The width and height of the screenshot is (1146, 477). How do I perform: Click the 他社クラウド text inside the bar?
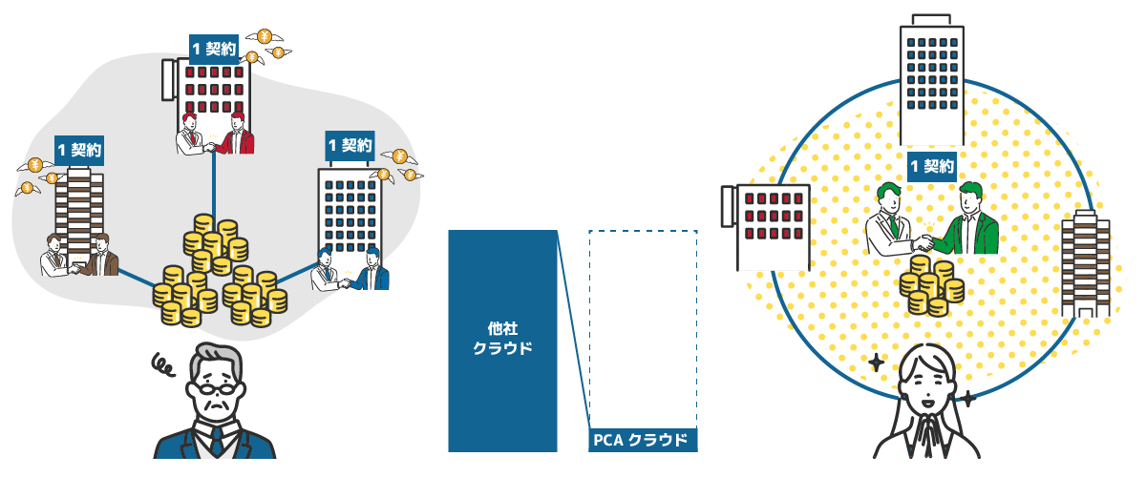[502, 339]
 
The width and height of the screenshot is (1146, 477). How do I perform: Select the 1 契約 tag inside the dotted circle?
[931, 166]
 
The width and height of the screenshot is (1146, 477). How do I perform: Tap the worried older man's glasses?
[215, 387]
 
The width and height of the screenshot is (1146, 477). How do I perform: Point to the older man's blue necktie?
[216, 441]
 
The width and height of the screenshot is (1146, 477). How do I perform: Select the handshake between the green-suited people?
[924, 238]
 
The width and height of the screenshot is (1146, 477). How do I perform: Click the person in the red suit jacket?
[239, 134]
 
